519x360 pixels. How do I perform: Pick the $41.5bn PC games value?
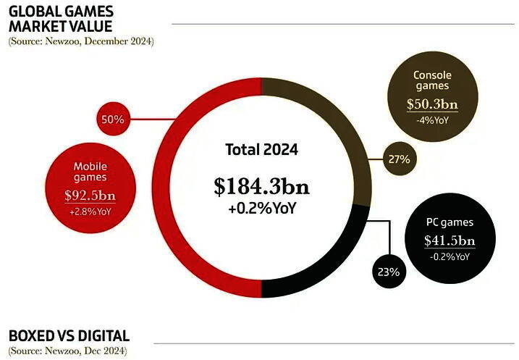click(x=450, y=240)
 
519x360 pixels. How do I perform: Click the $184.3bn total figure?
click(x=261, y=187)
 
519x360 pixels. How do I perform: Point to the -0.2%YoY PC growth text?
click(x=450, y=257)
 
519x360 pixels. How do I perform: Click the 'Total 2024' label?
click(x=261, y=151)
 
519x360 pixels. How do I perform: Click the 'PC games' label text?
click(x=450, y=222)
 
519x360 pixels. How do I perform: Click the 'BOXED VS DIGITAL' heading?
click(x=69, y=335)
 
